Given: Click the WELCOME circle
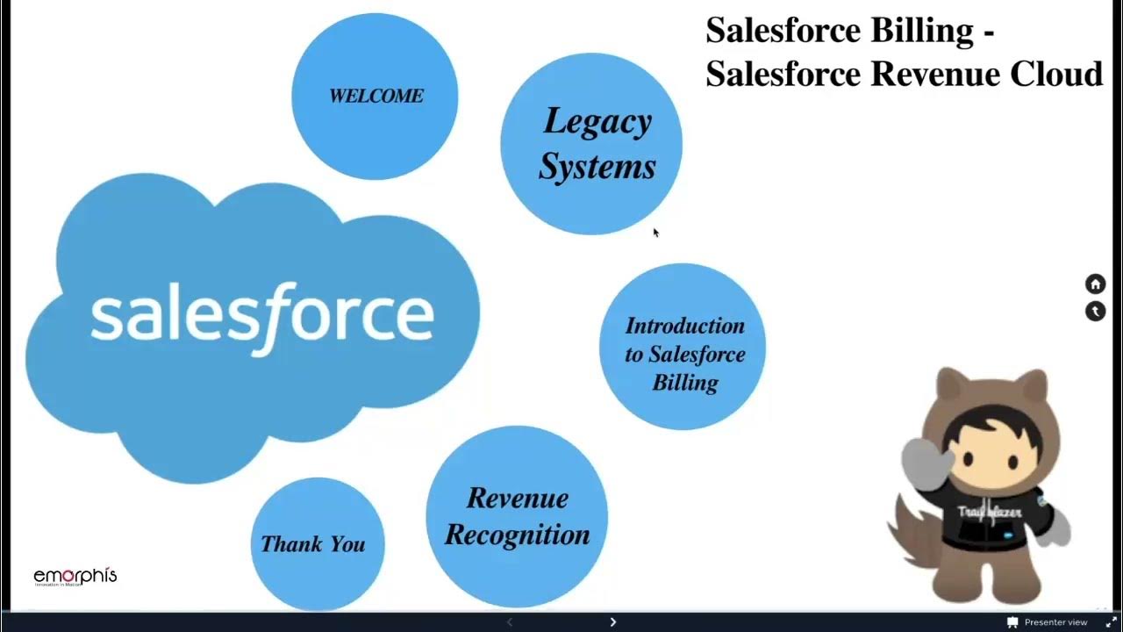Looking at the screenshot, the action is tap(375, 97).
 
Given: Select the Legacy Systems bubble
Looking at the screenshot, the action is tap(592, 144).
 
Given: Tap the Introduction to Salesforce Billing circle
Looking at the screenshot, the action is tap(683, 348).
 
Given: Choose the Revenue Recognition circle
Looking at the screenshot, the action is tap(517, 517).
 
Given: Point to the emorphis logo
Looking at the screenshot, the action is tap(75, 577).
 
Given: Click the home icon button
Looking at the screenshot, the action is tap(1095, 284).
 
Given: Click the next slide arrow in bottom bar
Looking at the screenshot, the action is tap(612, 621).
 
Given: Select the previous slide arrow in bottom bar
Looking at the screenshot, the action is tap(509, 621).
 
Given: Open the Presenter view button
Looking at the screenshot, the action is tap(1048, 622).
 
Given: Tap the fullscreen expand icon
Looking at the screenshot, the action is tap(1110, 622).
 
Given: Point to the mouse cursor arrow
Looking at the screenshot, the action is tap(655, 232).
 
